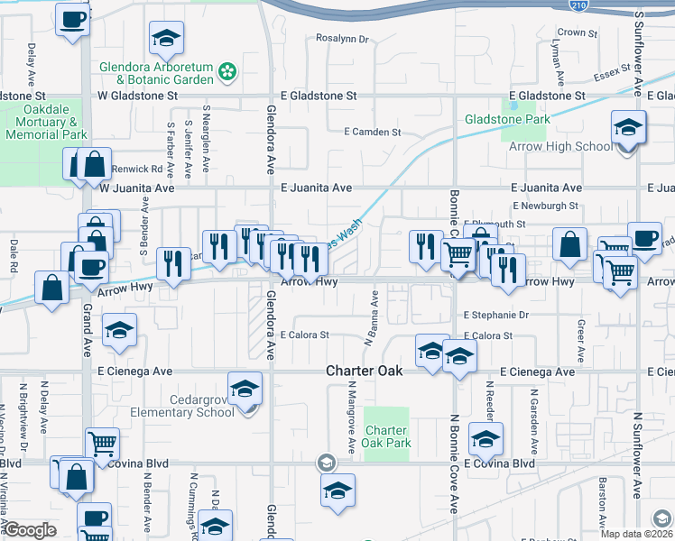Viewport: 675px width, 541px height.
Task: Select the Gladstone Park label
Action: [x=506, y=119]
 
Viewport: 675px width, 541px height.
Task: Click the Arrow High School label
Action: [x=559, y=146]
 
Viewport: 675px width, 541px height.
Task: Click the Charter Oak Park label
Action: [x=386, y=436]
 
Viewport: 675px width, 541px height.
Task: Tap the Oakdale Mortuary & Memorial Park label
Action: [x=45, y=122]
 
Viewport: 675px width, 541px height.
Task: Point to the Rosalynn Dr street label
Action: [x=343, y=39]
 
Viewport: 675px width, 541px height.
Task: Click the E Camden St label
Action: [x=372, y=132]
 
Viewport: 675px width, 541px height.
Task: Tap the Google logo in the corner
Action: [x=30, y=530]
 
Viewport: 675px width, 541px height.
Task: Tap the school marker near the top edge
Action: [x=165, y=39]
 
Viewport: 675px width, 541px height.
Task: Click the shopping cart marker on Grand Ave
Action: [x=102, y=443]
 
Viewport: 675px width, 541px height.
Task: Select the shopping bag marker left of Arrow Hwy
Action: [x=52, y=287]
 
